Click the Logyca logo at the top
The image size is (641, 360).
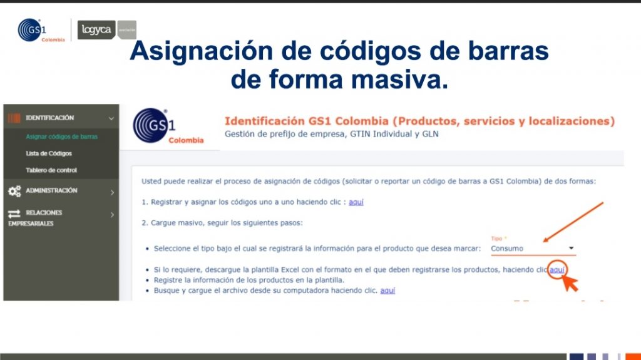pyautogui.click(x=96, y=30)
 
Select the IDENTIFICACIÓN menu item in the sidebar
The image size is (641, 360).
pyautogui.click(x=50, y=118)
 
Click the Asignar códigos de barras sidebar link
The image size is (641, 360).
pyautogui.click(x=62, y=136)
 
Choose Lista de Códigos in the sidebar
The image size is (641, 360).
pyautogui.click(x=49, y=153)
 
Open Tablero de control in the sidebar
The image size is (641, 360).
pyautogui.click(x=51, y=170)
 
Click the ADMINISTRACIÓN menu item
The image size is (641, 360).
pyautogui.click(x=51, y=190)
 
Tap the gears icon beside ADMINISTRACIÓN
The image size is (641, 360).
pyautogui.click(x=14, y=191)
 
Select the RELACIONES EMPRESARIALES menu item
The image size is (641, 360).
pyautogui.click(x=35, y=218)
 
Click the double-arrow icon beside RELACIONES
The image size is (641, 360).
pyautogui.click(x=14, y=213)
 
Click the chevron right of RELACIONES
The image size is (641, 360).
pyautogui.click(x=113, y=214)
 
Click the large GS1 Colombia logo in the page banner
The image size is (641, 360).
pyautogui.click(x=168, y=126)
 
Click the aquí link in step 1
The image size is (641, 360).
pyautogui.click(x=356, y=202)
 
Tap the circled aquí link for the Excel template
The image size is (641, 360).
pyautogui.click(x=557, y=270)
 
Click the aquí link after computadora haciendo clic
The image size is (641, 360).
pyautogui.click(x=387, y=291)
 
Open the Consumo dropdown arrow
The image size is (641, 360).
pyautogui.click(x=571, y=248)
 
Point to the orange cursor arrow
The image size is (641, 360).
pyautogui.click(x=570, y=283)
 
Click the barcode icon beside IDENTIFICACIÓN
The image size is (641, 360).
pyautogui.click(x=14, y=118)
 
